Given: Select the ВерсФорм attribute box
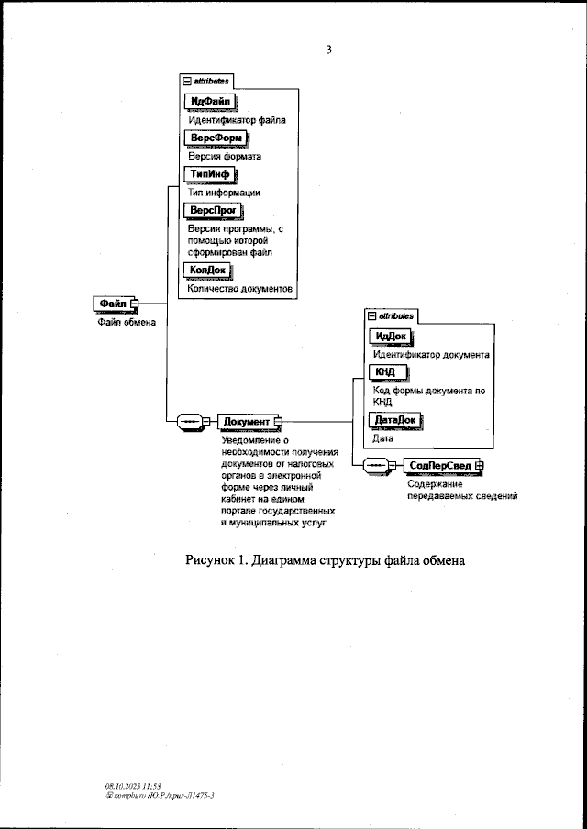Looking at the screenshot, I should click(213, 138).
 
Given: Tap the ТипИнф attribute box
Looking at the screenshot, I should click(210, 174).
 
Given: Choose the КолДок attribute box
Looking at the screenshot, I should click(208, 270).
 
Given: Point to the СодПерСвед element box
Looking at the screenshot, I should click(441, 466).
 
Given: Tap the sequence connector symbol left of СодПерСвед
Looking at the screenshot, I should click(378, 466).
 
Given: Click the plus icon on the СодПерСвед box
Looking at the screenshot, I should click(479, 466).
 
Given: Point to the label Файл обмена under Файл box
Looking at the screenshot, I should click(127, 322).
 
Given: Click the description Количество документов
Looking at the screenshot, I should click(239, 288).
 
